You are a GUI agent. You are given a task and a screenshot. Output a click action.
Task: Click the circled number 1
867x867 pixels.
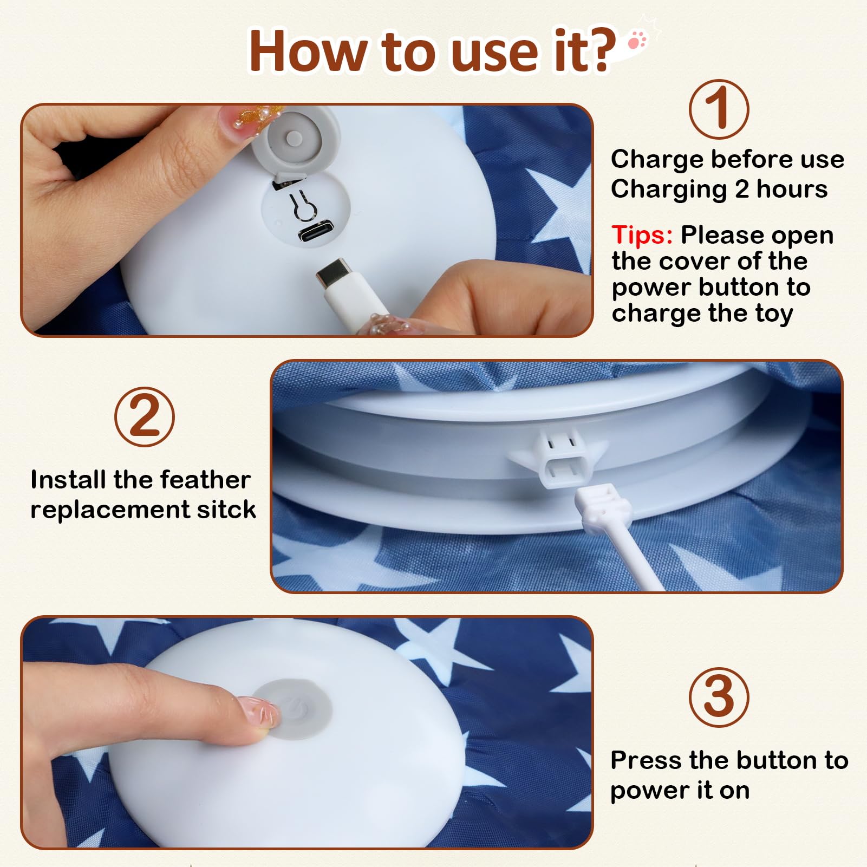(x=719, y=109)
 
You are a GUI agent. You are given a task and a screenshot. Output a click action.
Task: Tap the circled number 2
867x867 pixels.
(x=145, y=416)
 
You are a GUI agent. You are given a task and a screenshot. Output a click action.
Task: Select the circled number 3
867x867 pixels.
(x=719, y=697)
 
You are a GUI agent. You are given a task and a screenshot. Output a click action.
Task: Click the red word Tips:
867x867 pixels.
(x=642, y=235)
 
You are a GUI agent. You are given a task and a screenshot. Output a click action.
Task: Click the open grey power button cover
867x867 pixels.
(x=293, y=138)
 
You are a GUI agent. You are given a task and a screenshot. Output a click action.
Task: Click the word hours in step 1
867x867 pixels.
(x=792, y=190)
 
